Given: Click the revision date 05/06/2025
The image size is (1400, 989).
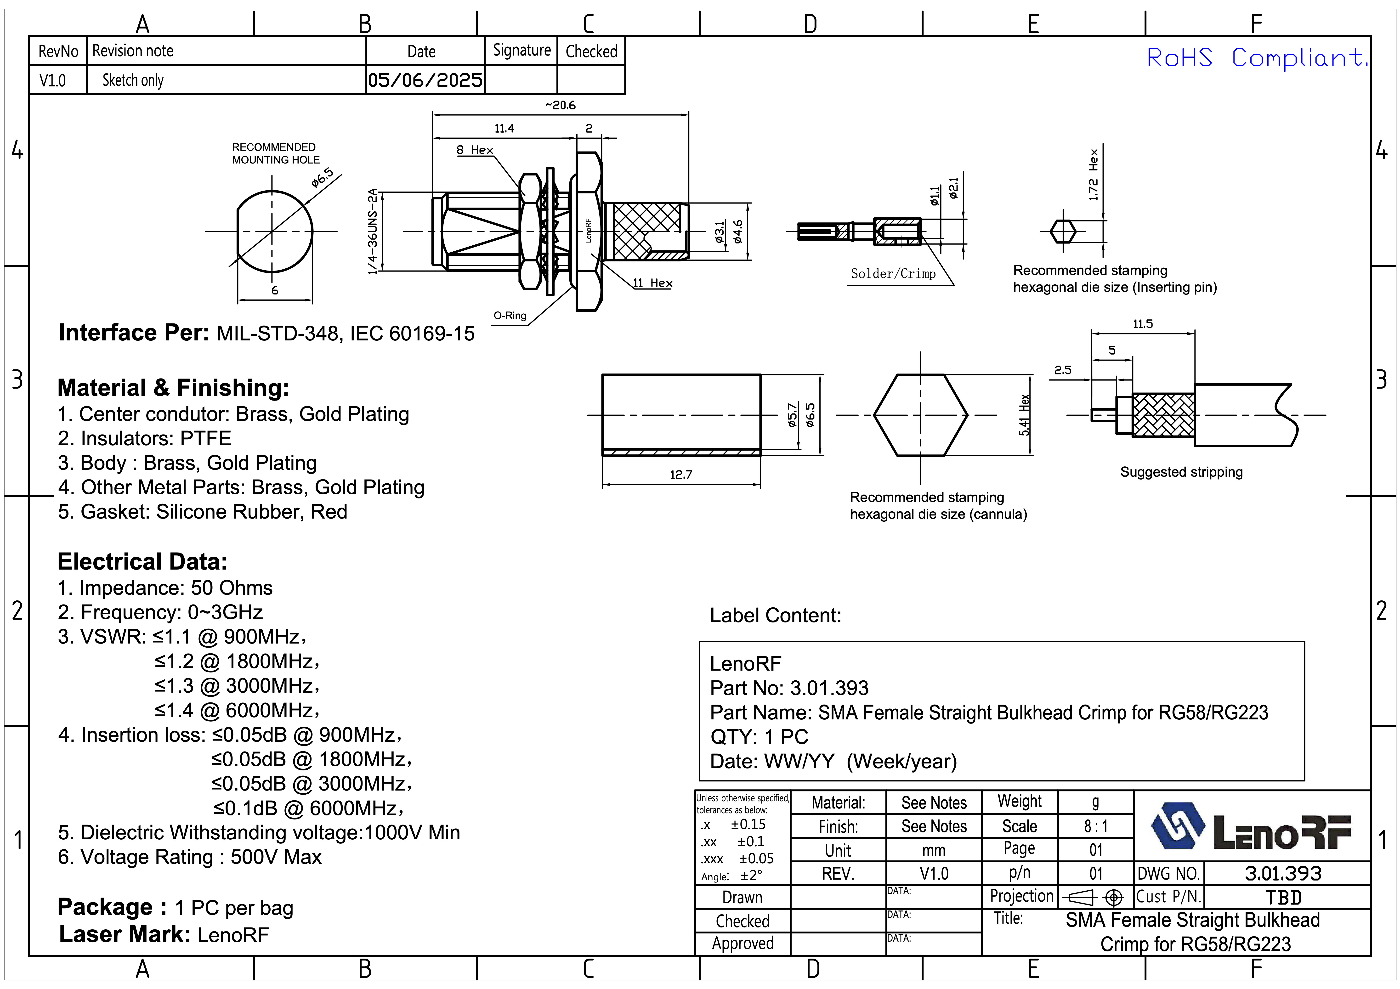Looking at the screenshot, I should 425,80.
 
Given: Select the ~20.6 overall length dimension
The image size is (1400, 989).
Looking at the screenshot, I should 560,105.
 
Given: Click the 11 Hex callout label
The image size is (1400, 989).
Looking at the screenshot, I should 652,283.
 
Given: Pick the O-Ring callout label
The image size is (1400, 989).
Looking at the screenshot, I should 510,315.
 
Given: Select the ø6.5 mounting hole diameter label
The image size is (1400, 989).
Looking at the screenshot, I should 322,177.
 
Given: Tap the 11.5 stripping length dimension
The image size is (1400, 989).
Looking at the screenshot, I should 1143,324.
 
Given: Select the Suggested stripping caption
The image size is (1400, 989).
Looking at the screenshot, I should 1181,472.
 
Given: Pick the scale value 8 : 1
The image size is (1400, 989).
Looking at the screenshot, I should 1096,826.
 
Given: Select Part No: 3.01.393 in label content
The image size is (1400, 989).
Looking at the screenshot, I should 789,688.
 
